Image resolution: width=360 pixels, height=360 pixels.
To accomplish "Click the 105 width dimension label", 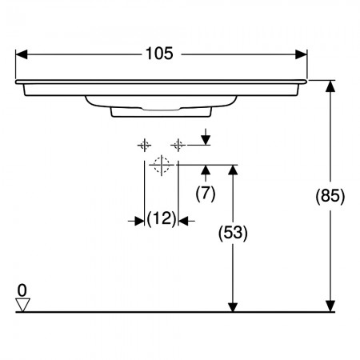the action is [x=159, y=54].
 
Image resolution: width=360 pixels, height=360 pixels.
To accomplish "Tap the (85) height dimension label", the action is [x=330, y=196].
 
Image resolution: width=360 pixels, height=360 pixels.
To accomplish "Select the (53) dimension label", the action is [x=233, y=233].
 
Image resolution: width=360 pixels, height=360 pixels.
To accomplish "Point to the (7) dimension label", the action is [x=206, y=193].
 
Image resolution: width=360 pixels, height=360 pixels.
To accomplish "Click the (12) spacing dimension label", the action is [x=162, y=219].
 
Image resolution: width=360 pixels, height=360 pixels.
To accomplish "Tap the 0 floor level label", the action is [x=22, y=290].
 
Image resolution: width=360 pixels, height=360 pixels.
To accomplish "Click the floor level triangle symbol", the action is [x=22, y=305].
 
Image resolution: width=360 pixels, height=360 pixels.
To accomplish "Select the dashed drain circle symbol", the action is [x=162, y=165].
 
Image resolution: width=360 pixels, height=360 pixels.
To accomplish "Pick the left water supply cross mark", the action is [x=144, y=146].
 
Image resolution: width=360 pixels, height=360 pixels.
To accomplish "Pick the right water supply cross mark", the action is [x=178, y=146].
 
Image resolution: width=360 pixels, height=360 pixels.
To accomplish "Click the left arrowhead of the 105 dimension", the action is [x=22, y=54].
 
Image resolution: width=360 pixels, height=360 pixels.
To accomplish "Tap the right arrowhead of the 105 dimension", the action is [x=301, y=54].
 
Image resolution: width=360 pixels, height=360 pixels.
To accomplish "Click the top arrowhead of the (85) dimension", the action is [x=330, y=86].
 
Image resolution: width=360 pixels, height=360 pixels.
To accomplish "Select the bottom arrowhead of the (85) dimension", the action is [x=330, y=306].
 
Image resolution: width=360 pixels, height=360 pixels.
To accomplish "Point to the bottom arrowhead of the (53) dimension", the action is [x=233, y=306].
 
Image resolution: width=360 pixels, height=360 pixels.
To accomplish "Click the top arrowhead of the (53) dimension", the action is [x=233, y=170].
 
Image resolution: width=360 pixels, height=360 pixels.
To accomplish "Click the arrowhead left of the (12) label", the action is [x=139, y=221].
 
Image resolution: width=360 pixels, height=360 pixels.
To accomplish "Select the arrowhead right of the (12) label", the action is [x=183, y=221].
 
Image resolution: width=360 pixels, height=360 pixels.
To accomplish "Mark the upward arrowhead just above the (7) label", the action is [x=206, y=170].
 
